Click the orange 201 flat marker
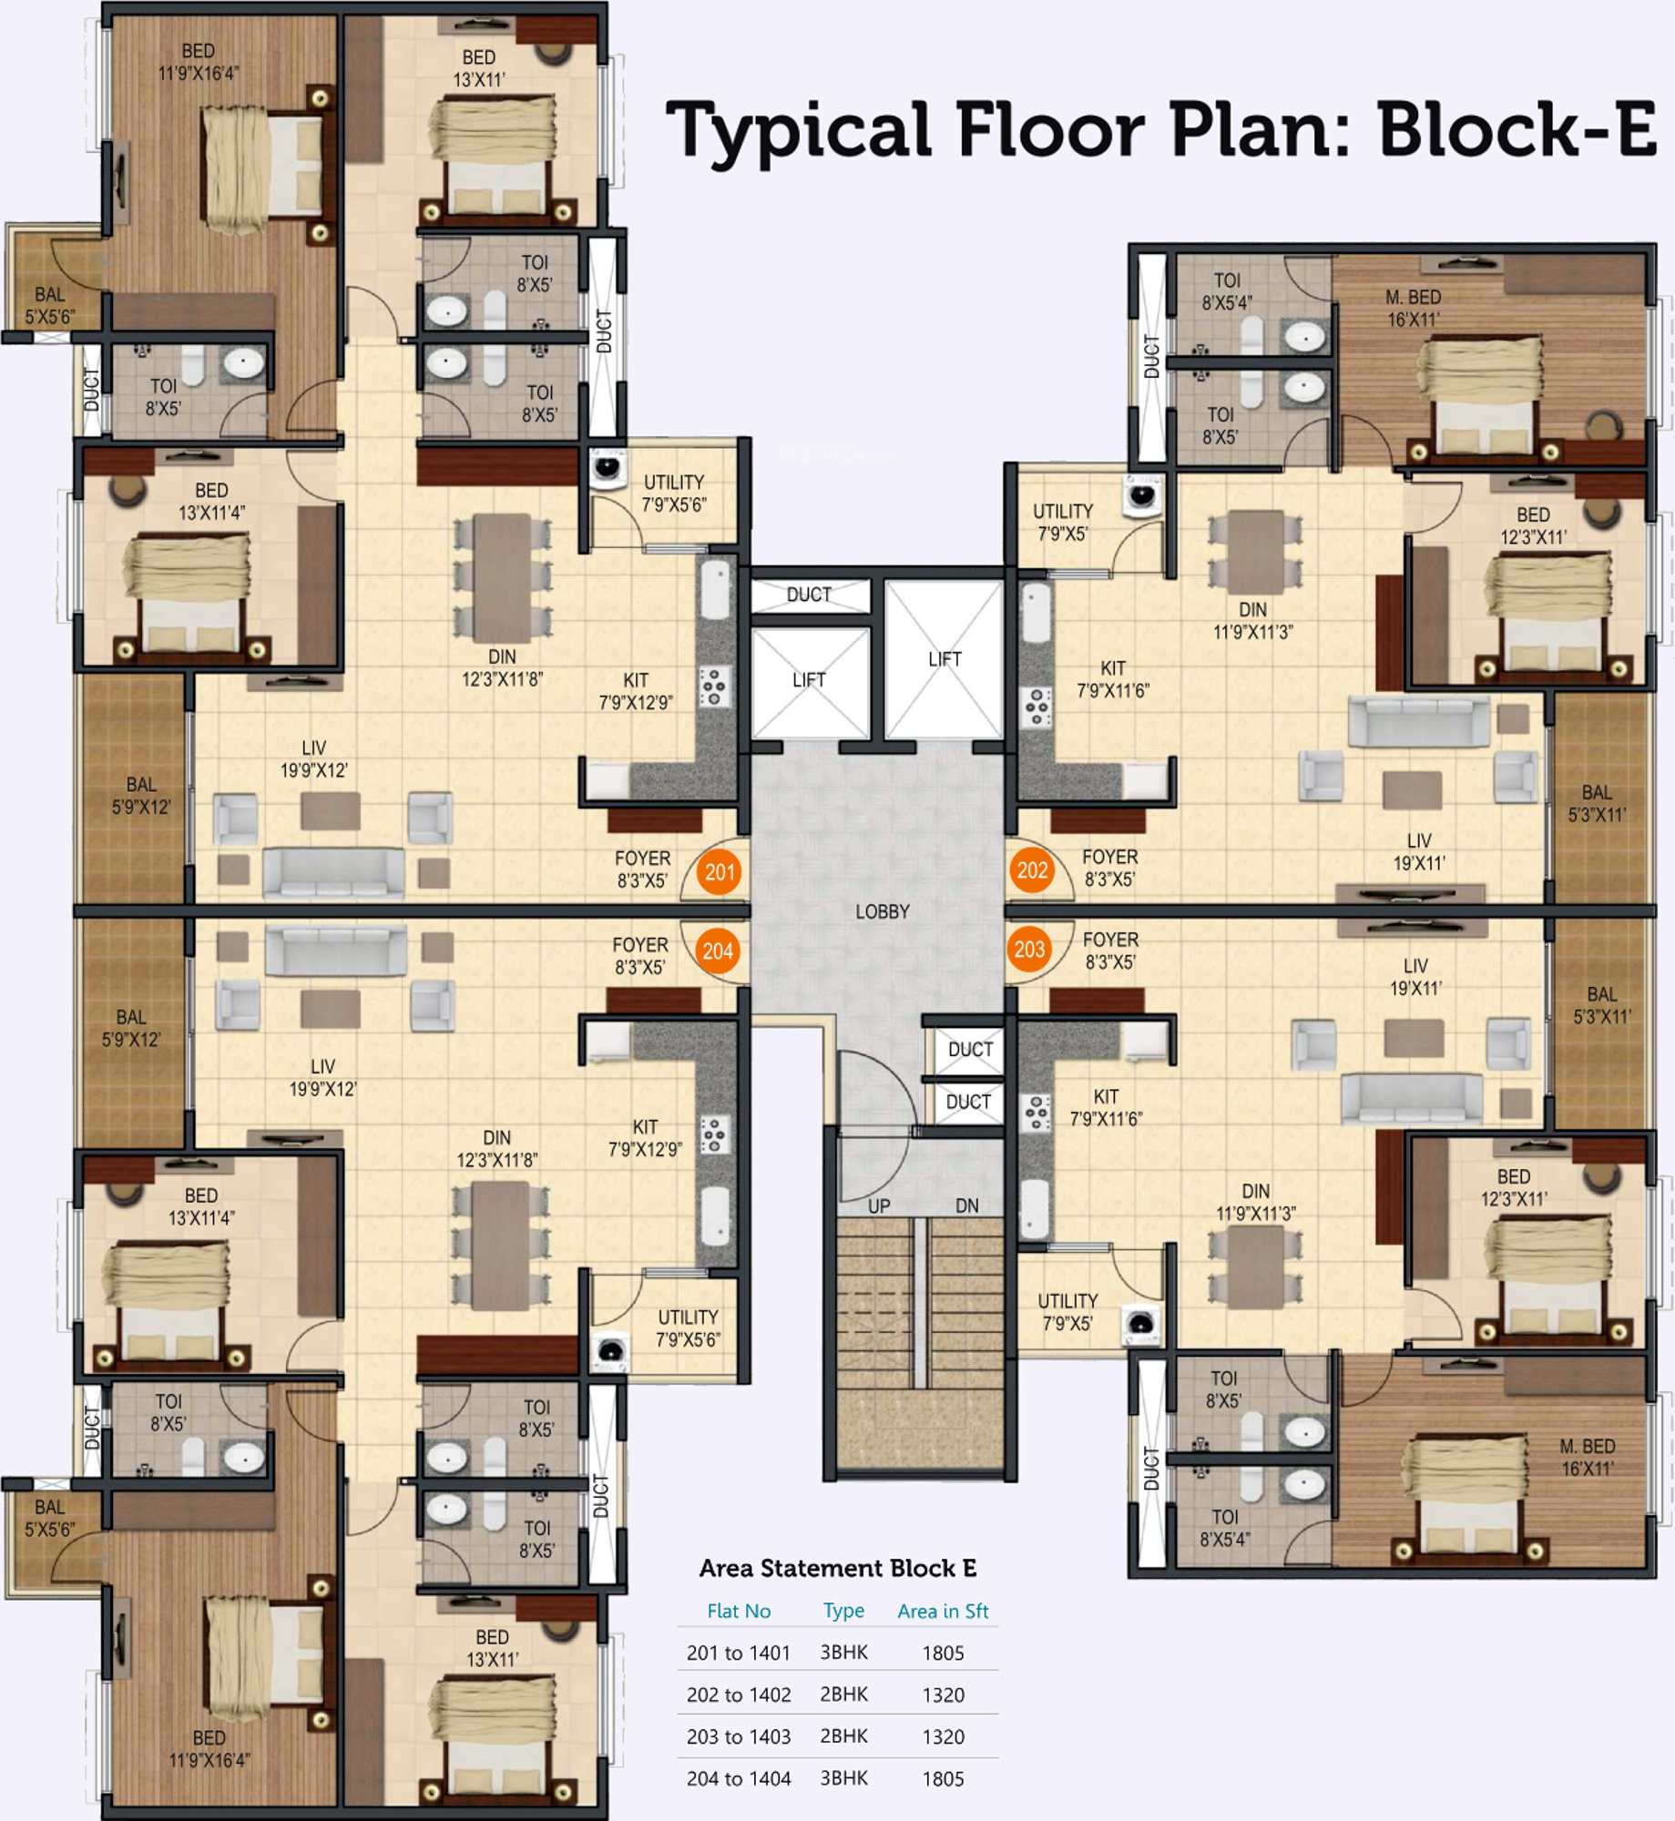[x=719, y=871]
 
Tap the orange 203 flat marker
[x=1029, y=950]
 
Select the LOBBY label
[x=882, y=911]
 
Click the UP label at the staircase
[x=879, y=1206]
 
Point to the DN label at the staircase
[x=966, y=1206]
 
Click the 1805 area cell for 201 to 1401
[x=942, y=1653]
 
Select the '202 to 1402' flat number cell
[x=738, y=1694]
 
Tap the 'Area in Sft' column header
[x=942, y=1611]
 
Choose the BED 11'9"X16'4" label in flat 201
[x=199, y=62]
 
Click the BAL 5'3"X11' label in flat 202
[x=1597, y=804]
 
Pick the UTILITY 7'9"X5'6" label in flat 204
[x=688, y=1328]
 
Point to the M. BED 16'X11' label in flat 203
[x=1588, y=1458]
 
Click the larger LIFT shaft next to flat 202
[x=944, y=659]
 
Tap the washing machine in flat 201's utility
[x=607, y=468]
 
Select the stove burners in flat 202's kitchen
[x=1036, y=707]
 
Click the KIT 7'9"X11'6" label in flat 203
[x=1106, y=1107]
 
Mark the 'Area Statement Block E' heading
[x=837, y=1568]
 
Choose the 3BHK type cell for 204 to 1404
[x=843, y=1777]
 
